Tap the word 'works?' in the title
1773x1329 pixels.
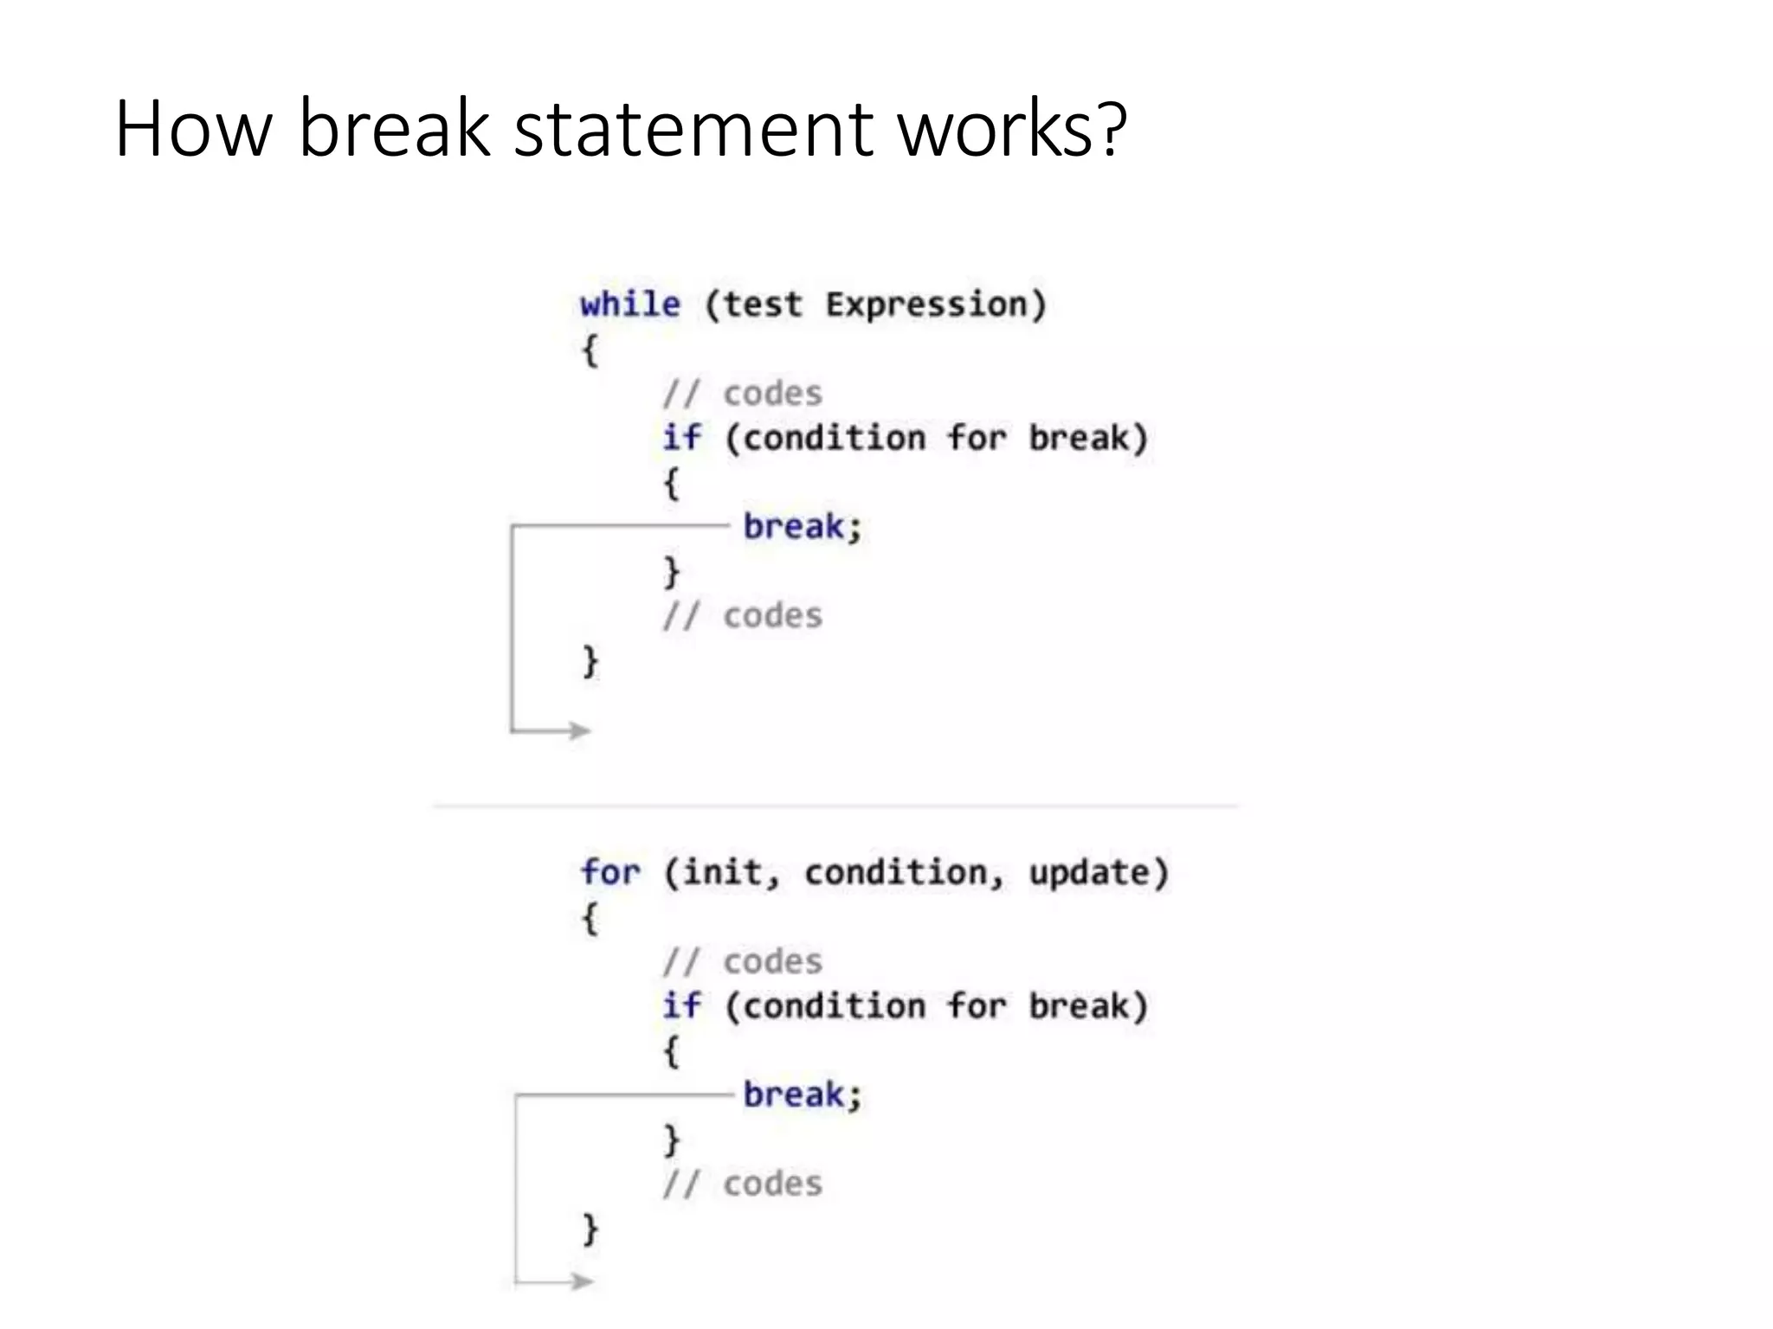pyautogui.click(x=1012, y=130)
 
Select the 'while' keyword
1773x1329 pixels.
pyautogui.click(x=630, y=305)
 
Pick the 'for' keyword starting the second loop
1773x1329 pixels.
pyautogui.click(x=610, y=872)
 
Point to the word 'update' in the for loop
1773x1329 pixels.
pyautogui.click(x=1098, y=872)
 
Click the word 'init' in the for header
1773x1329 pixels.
pyautogui.click(x=722, y=872)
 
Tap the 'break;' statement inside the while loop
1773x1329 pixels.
pyautogui.click(x=803, y=527)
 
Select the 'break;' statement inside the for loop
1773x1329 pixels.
pyautogui.click(x=803, y=1095)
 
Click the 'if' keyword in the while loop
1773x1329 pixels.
pyautogui.click(x=681, y=438)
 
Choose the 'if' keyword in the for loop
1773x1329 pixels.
pyautogui.click(x=681, y=1005)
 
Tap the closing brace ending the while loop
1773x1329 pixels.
pyautogui.click(x=590, y=662)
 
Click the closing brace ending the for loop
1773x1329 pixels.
pyautogui.click(x=590, y=1229)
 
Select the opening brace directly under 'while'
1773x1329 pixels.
pyautogui.click(x=590, y=350)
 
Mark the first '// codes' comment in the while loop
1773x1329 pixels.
pyautogui.click(x=743, y=394)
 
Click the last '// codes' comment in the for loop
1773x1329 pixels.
pyautogui.click(x=743, y=1184)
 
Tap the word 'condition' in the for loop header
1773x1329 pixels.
pyautogui.click(x=896, y=872)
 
